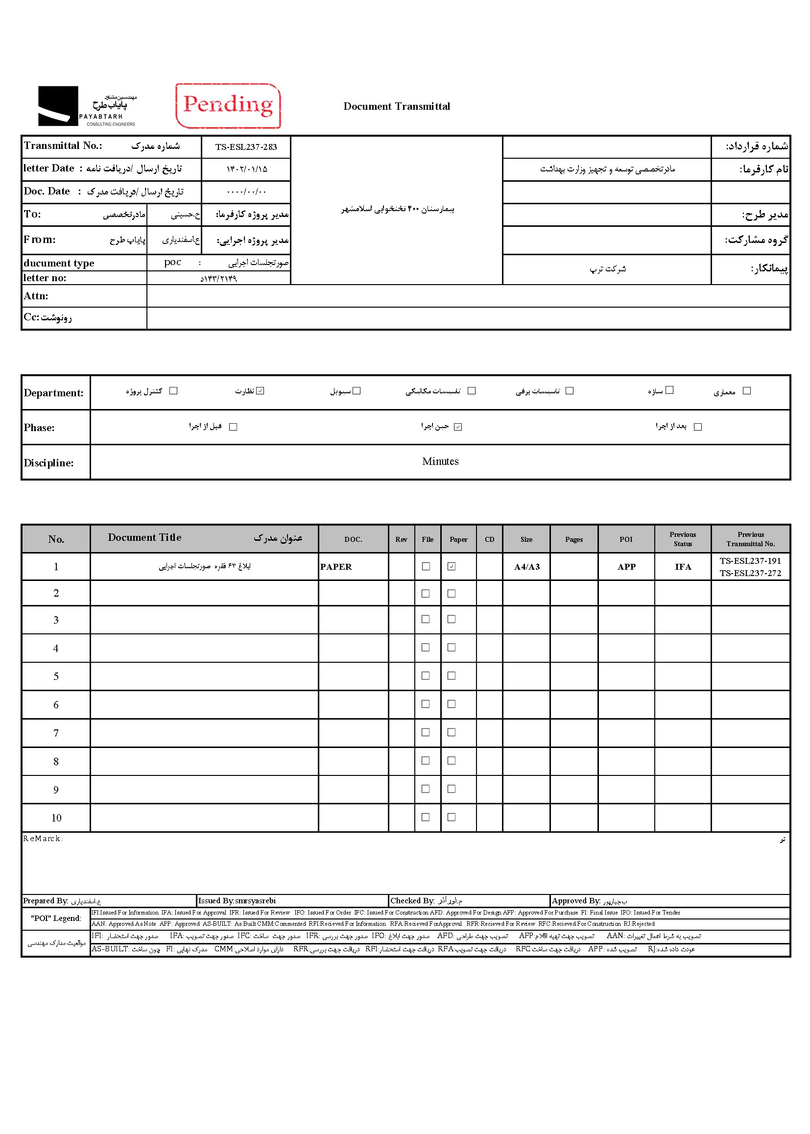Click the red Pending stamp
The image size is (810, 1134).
tap(228, 106)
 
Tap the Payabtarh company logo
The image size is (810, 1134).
tap(87, 106)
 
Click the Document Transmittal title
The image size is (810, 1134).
tap(397, 106)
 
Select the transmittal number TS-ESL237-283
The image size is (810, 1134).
tap(246, 146)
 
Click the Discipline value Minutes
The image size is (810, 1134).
tap(440, 461)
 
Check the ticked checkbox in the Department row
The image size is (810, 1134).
tap(260, 390)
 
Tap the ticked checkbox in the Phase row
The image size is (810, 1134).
tap(458, 427)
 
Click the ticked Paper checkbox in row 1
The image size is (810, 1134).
tap(452, 566)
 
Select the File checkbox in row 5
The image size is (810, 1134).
tap(426, 676)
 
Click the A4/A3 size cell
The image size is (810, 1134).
tap(527, 567)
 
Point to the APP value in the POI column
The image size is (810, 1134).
tap(626, 567)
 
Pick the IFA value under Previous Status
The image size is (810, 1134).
tap(683, 567)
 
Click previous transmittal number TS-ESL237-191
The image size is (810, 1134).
tap(750, 561)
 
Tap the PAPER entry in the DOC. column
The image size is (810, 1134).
tap(336, 567)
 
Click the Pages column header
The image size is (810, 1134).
tap(574, 539)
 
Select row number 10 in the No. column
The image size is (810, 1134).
tap(56, 818)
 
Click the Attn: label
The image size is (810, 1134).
tap(36, 296)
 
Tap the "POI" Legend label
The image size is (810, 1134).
tap(56, 918)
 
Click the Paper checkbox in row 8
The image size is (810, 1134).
tap(452, 760)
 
